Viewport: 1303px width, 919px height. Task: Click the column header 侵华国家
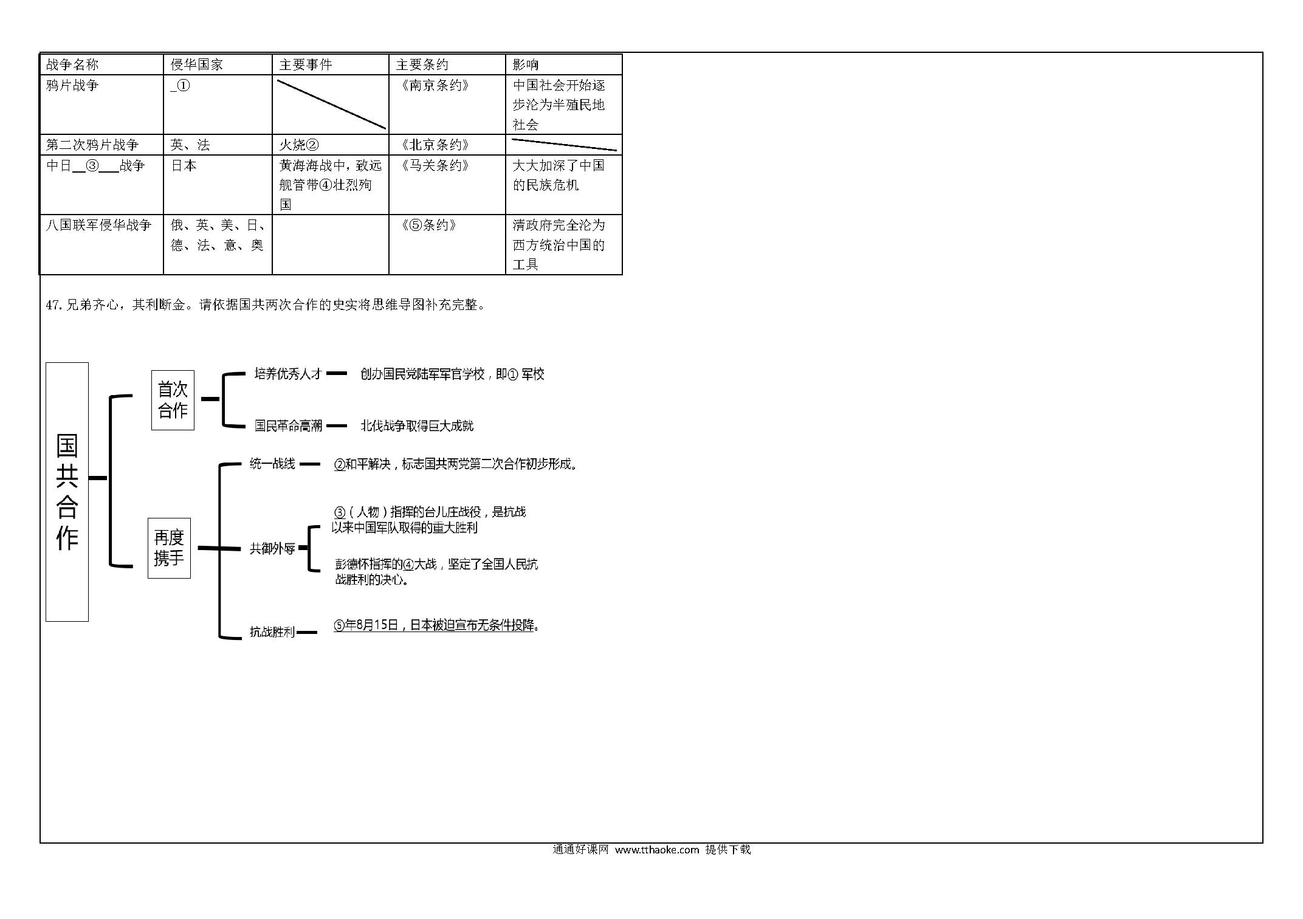coord(197,64)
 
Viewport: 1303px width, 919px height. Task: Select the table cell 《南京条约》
coord(435,85)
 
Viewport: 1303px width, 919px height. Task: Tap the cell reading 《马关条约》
coord(435,165)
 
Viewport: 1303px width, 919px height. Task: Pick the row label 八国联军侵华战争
coord(98,225)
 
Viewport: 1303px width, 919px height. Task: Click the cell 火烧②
coord(299,145)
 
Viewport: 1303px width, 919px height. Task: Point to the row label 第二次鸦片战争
coord(92,145)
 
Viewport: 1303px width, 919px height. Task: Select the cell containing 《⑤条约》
coord(428,225)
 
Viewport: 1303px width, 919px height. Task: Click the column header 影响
coord(526,64)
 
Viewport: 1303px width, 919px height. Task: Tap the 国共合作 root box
coord(67,492)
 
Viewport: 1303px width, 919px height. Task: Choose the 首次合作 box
coord(173,400)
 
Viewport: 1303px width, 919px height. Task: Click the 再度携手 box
coord(169,548)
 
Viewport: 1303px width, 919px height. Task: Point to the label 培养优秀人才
coord(288,374)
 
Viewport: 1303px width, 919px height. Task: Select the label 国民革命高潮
coord(288,425)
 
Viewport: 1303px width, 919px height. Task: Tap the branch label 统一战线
coord(272,464)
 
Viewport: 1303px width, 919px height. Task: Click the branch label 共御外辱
coord(272,548)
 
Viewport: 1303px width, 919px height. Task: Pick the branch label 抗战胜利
coord(272,632)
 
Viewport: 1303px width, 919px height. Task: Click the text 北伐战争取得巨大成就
coord(417,425)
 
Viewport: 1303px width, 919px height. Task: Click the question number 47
coord(53,305)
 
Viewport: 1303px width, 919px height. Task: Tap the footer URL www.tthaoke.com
coord(657,850)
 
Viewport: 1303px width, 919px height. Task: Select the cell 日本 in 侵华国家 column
coord(184,165)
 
